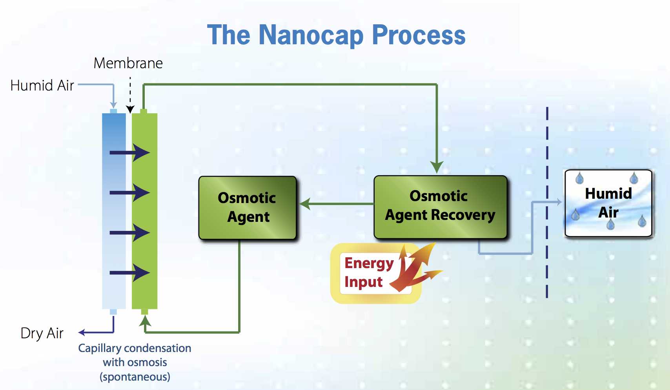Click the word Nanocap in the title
311,36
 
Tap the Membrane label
128,63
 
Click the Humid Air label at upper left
42,85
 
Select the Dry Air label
42,333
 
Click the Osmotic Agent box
248,208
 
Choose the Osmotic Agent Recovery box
440,207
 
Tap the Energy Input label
369,272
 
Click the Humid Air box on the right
608,203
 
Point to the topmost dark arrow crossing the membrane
129,153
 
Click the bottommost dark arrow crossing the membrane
129,272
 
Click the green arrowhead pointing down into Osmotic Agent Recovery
437,167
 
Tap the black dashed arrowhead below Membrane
130,109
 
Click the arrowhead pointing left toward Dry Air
82,332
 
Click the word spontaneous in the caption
135,377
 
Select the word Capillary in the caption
100,348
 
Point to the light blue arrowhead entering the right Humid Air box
559,202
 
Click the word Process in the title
419,36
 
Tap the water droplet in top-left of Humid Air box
579,178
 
